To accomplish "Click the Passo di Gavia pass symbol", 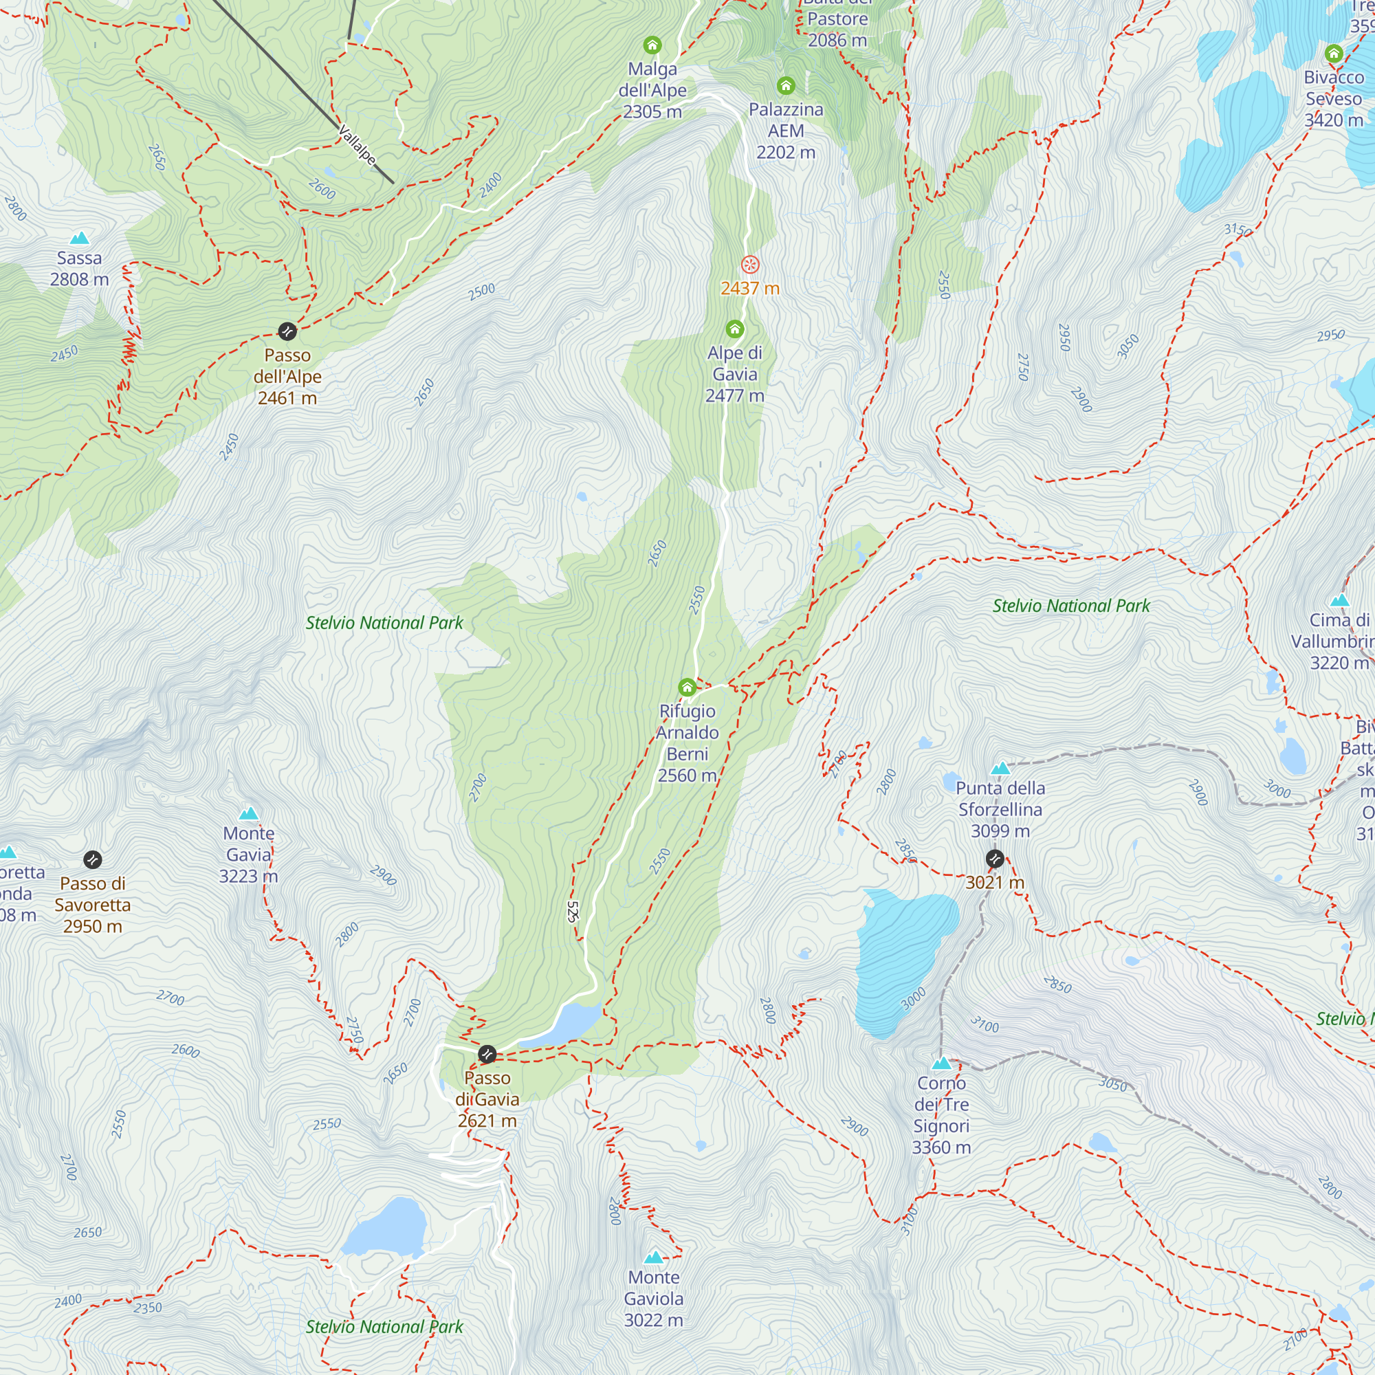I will (487, 1054).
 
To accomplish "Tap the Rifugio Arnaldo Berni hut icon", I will (687, 687).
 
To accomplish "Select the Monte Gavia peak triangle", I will (248, 813).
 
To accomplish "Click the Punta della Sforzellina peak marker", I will (1000, 769).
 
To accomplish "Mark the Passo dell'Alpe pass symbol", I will (287, 331).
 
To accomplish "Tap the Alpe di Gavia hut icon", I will (734, 329).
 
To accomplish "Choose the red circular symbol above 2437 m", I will (749, 265).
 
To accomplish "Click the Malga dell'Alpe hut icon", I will (652, 45).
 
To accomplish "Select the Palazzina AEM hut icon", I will (786, 86).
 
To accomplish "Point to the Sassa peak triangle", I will (80, 238).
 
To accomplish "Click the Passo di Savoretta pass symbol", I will (93, 860).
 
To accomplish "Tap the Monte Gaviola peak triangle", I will (653, 1257).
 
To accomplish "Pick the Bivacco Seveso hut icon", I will (1334, 54).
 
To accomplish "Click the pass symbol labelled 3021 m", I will (994, 859).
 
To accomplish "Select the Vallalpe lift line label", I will (357, 144).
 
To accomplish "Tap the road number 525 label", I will (573, 912).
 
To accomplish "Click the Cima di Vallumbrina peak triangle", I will (1340, 600).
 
